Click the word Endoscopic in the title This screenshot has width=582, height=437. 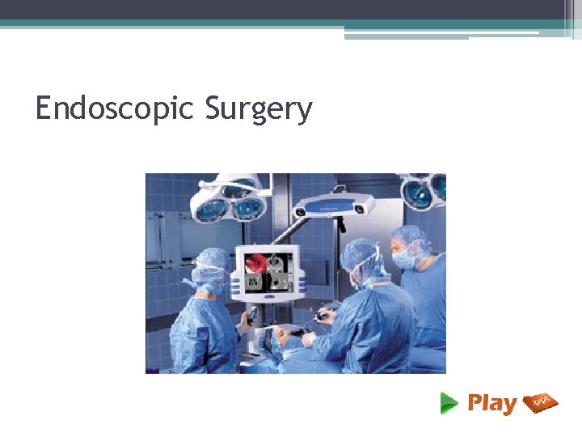point(114,108)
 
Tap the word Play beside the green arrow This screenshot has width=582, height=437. point(491,403)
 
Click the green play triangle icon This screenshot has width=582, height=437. point(449,402)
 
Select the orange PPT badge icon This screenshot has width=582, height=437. point(540,402)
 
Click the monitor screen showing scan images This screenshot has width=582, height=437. point(266,271)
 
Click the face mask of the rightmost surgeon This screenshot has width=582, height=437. point(403,258)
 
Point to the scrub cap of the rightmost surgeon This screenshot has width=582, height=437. point(410,235)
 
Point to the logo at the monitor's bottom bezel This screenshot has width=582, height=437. point(266,297)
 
